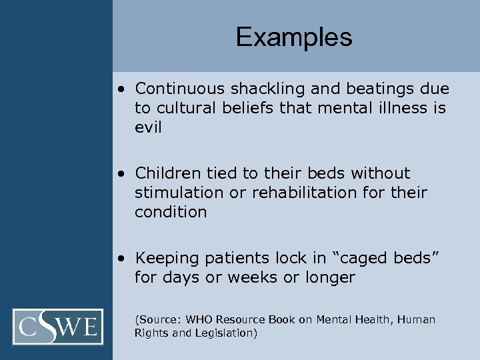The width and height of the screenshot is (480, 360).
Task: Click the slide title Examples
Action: pos(293,37)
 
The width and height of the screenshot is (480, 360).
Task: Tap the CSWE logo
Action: pos(58,327)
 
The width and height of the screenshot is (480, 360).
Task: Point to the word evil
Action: pos(148,127)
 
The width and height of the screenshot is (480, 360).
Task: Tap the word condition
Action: pos(171,212)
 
